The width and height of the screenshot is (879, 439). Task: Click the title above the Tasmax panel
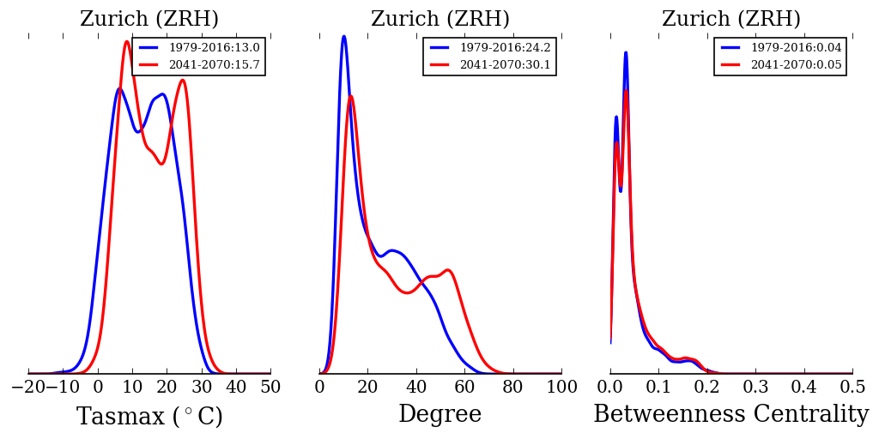coord(149,19)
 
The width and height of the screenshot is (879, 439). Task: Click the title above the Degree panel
coord(440,19)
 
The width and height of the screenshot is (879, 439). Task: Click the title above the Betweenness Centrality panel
coord(731,19)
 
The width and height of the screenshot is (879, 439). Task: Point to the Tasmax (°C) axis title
coord(149,417)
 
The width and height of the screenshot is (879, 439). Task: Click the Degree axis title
coord(440,415)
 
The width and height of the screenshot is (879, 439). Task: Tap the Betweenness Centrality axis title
coord(731,415)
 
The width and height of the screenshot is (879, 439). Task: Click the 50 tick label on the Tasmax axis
coord(270,388)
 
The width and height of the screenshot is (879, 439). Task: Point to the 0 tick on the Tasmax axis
coord(98,388)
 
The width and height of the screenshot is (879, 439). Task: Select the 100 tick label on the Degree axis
coord(561,388)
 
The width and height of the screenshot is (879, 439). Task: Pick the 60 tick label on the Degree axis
coord(464,388)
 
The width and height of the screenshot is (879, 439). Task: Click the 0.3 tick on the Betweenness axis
coord(755,388)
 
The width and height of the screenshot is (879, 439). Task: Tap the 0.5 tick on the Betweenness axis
coord(852,388)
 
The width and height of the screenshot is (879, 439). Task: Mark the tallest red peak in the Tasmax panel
coord(127,41)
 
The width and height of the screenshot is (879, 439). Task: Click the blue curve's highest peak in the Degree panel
coord(343,36)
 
